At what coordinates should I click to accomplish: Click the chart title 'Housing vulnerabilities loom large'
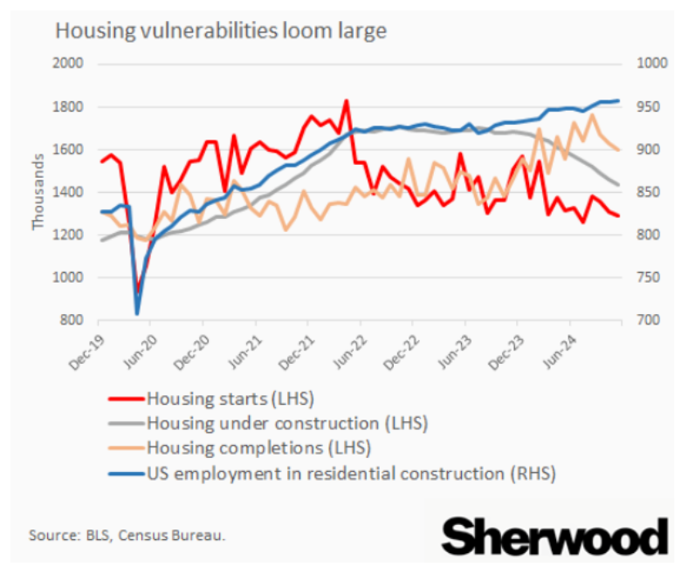tap(221, 31)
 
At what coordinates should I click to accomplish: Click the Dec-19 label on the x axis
tap(87, 349)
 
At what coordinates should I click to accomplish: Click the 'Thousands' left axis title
tap(38, 192)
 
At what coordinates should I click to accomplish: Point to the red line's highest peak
tap(346, 100)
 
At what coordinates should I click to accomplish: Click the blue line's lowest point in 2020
tap(137, 313)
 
